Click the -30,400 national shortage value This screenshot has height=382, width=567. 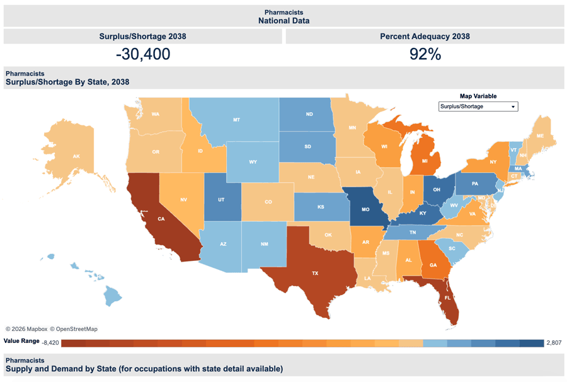(143, 54)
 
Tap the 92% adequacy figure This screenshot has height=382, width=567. (425, 54)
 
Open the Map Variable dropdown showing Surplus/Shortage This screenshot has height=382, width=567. (478, 107)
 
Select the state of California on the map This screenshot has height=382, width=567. (161, 219)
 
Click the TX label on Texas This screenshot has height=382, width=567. (314, 274)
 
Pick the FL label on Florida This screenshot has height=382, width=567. (447, 298)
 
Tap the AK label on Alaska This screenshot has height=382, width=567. (76, 156)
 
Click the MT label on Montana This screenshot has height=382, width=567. (236, 119)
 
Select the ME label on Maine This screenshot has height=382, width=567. (540, 136)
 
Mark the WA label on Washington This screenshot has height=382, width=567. (155, 114)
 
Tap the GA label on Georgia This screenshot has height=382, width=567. (433, 265)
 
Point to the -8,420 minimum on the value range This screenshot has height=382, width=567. (49, 343)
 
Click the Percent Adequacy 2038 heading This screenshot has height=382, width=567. (425, 37)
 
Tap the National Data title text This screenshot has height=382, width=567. (283, 20)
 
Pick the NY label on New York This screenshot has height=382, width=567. (493, 162)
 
